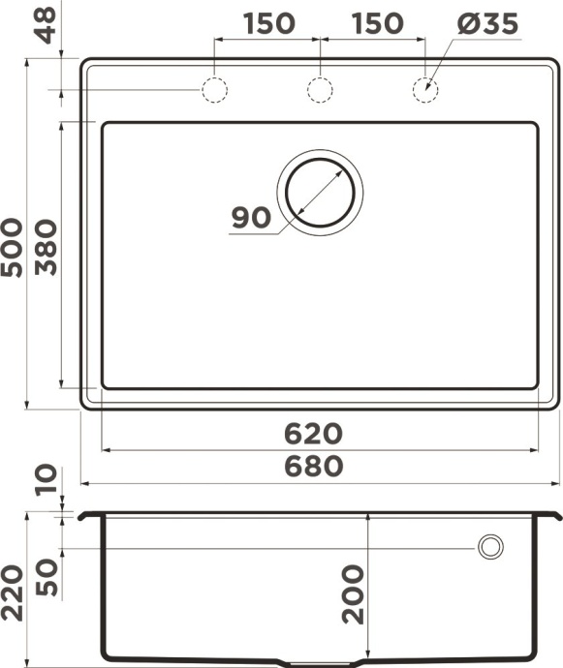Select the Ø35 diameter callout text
488,22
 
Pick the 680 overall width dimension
313,467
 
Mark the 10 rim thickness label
46,479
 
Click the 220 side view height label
13,592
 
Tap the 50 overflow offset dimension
46,577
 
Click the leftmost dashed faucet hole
214,90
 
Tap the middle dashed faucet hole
320,90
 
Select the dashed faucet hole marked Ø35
425,90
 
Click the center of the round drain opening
321,192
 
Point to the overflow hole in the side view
490,547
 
